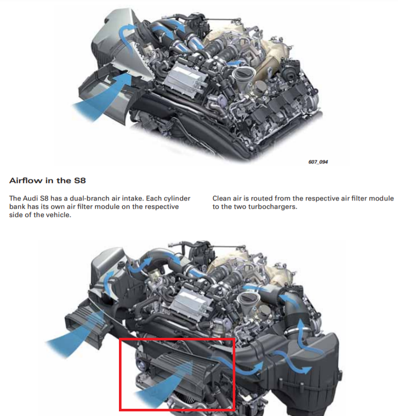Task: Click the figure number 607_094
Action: click(x=318, y=162)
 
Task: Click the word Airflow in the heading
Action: click(x=26, y=181)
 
